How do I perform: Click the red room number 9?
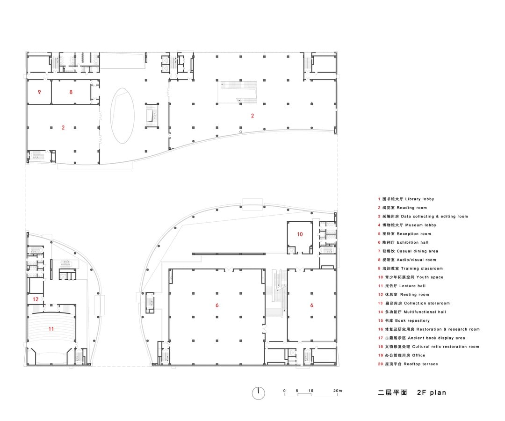[x=39, y=92]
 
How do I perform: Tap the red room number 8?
[x=71, y=92]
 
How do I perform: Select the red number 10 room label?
[x=300, y=234]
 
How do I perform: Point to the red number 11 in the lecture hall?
[x=51, y=329]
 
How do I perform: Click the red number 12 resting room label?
[x=36, y=299]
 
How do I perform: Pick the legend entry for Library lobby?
[x=406, y=199]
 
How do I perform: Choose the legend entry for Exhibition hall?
[x=403, y=243]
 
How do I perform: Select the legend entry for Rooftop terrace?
[x=408, y=364]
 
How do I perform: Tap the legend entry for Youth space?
[x=411, y=277]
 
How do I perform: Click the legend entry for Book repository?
[x=404, y=320]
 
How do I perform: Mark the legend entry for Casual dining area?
[x=408, y=251]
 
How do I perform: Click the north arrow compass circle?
[x=258, y=393]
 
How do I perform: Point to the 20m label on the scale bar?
[x=338, y=391]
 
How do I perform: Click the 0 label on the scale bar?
[x=284, y=391]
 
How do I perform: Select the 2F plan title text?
[x=432, y=392]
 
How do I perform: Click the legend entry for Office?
[x=402, y=356]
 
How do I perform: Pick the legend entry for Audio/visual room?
[x=407, y=260]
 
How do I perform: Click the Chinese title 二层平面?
[x=392, y=392]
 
